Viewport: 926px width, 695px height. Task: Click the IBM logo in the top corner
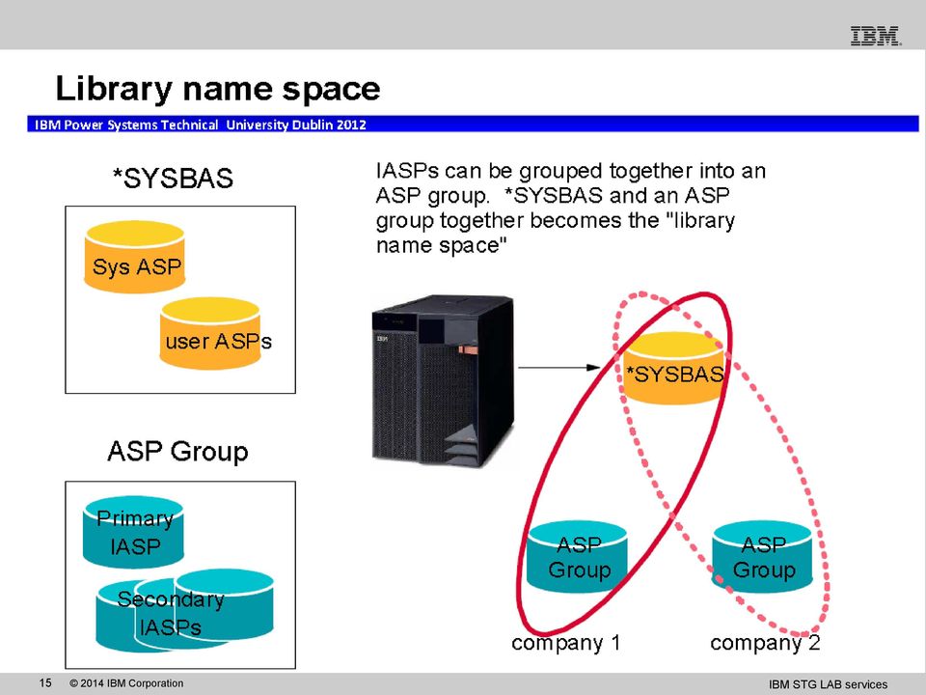point(876,36)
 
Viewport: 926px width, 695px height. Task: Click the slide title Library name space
point(218,89)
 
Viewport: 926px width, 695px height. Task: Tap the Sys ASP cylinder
point(135,257)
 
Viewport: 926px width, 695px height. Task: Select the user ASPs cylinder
point(210,333)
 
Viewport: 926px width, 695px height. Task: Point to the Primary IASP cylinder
point(133,532)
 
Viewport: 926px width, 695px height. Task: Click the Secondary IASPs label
point(171,613)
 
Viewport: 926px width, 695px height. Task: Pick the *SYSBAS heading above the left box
point(173,179)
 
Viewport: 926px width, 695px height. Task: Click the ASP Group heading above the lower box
point(177,452)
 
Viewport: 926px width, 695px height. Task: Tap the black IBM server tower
point(443,381)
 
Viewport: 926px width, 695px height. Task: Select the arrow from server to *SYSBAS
point(559,368)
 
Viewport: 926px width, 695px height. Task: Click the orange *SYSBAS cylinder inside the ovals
point(674,368)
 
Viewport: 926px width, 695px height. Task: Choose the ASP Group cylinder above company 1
point(577,557)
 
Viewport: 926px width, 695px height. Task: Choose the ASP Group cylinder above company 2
point(762,557)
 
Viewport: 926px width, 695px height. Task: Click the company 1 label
point(566,643)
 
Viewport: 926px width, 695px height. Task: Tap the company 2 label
point(765,643)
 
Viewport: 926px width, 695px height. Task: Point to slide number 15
point(45,682)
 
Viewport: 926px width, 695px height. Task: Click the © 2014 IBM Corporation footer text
point(126,683)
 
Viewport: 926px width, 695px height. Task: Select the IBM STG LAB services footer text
point(828,683)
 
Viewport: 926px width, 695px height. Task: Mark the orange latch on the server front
point(469,350)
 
